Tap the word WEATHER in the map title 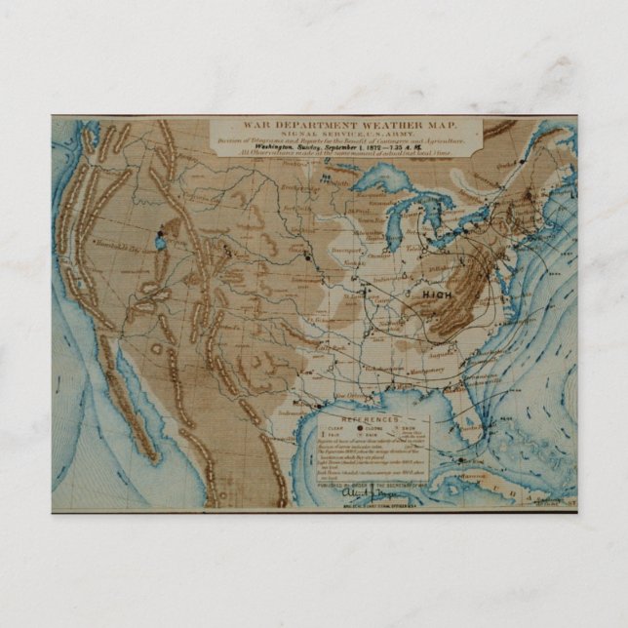point(362,123)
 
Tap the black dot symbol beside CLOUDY point(360,427)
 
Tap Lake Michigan point(394,230)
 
